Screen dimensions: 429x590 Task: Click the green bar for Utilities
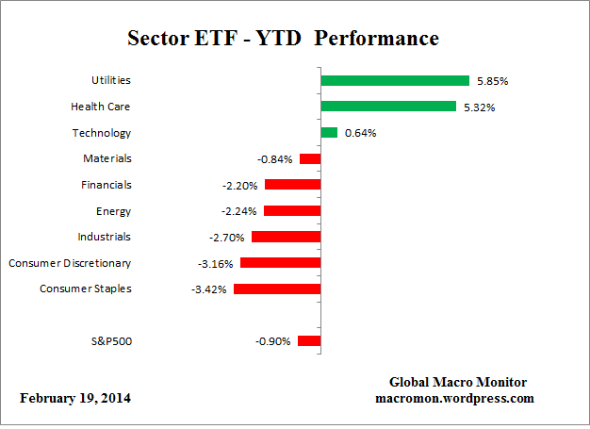pyautogui.click(x=395, y=81)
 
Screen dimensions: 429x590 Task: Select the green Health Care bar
pyautogui.click(x=388, y=107)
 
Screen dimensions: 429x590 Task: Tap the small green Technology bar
pyautogui.click(x=329, y=133)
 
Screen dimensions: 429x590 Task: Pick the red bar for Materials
pyautogui.click(x=310, y=158)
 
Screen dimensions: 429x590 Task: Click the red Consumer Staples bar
pyautogui.click(x=277, y=289)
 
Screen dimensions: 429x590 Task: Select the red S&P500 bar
pyautogui.click(x=309, y=341)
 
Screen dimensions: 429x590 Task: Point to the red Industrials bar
pyautogui.click(x=286, y=237)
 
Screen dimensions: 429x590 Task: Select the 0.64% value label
pyautogui.click(x=360, y=133)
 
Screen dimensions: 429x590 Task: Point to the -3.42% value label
pyautogui.click(x=209, y=289)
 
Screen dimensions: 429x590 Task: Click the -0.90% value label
pyautogui.click(x=273, y=341)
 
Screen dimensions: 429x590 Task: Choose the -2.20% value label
pyautogui.click(x=240, y=185)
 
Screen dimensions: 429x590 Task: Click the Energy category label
pyautogui.click(x=113, y=210)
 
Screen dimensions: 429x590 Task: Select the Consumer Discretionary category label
pyautogui.click(x=70, y=262)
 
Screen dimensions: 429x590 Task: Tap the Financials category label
pyautogui.click(x=106, y=185)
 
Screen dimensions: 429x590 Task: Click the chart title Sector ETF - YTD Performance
pyautogui.click(x=283, y=40)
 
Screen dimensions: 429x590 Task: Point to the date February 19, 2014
pyautogui.click(x=75, y=398)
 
